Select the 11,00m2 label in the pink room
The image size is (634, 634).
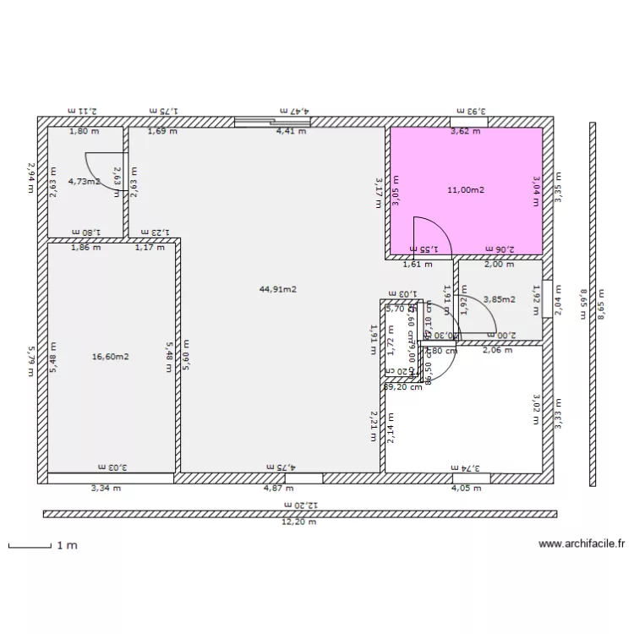coord(466,190)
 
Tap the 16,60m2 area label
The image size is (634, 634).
coord(110,357)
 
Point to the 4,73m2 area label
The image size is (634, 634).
coord(85,181)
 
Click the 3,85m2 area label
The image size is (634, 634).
coord(498,298)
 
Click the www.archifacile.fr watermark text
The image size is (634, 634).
coord(581,545)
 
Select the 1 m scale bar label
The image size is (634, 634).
coord(67,546)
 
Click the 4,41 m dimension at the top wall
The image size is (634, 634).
coord(292,131)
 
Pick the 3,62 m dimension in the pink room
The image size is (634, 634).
coord(465,131)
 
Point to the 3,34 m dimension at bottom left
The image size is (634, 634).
coord(106,488)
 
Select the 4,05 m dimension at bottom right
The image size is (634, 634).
coord(465,488)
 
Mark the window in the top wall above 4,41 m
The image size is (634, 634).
coord(272,122)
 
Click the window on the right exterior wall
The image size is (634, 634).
coord(548,298)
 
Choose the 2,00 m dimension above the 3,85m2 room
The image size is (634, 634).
coord(498,264)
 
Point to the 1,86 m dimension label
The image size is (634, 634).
coord(85,248)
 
